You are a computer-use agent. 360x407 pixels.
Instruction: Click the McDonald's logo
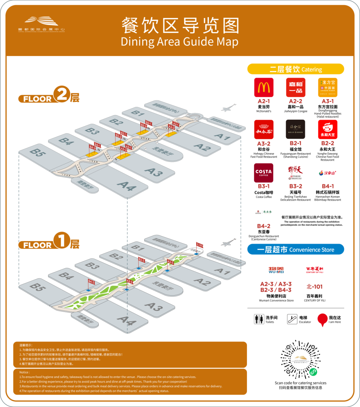264,87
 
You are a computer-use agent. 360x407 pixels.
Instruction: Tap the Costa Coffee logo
264,173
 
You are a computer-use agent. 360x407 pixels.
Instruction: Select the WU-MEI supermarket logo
276,270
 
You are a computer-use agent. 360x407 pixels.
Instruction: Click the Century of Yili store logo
314,270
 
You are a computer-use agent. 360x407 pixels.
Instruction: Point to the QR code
300,359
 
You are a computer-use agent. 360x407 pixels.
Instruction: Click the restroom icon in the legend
259,319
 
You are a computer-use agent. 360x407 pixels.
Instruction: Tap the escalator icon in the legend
292,319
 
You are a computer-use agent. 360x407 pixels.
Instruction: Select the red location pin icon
322,320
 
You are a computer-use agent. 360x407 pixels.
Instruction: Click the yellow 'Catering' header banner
295,69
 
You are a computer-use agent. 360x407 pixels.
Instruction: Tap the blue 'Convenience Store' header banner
295,250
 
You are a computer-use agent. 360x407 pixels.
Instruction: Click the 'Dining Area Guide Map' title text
180,42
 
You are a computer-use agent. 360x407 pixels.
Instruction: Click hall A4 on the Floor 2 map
127,185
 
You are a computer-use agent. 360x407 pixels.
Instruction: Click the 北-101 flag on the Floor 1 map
200,246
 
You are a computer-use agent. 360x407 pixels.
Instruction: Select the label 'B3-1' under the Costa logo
264,186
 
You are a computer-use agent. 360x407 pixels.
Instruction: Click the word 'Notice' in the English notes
24,372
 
